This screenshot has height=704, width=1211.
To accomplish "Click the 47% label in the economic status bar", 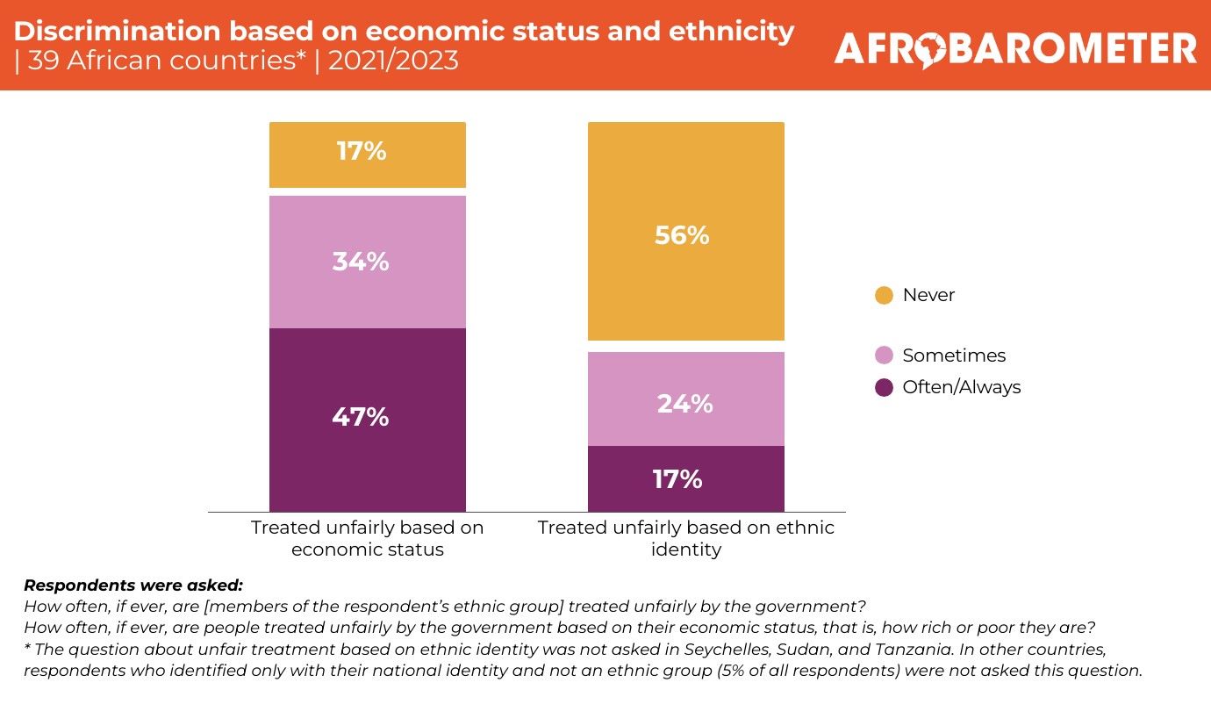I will tap(360, 417).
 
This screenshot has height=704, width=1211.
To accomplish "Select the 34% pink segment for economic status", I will tap(367, 262).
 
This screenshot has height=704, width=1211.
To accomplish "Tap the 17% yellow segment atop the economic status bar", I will tap(367, 154).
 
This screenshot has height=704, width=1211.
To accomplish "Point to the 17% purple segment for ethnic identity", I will tap(685, 479).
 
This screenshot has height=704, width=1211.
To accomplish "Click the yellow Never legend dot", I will tap(885, 295).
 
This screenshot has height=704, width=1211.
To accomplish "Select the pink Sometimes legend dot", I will tap(885, 356).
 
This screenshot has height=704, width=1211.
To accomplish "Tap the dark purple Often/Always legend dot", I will tap(885, 387).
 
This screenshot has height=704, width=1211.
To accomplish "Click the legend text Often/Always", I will tap(962, 387).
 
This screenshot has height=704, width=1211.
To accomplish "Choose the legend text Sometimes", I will tap(954, 356).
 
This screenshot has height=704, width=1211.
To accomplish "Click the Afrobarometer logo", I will tap(1015, 48).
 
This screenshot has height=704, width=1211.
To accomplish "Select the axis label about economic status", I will tap(367, 539).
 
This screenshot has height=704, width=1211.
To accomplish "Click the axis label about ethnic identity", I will tap(685, 539).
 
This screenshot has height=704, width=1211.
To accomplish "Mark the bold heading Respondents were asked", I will tap(133, 585).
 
